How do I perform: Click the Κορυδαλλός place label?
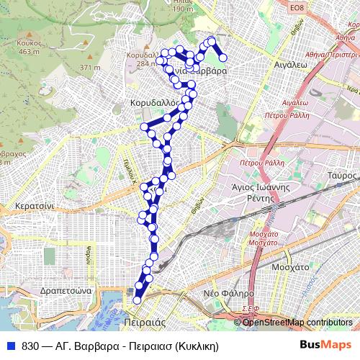point(153,103)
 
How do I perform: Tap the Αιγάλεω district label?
point(291,64)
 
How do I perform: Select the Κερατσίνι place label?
point(30,205)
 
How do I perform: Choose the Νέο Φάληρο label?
point(228,294)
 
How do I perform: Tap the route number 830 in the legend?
point(30,346)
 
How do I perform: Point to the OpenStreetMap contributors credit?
point(297,323)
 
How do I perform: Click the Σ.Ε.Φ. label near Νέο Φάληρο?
point(250,309)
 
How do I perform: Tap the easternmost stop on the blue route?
point(223,57)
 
